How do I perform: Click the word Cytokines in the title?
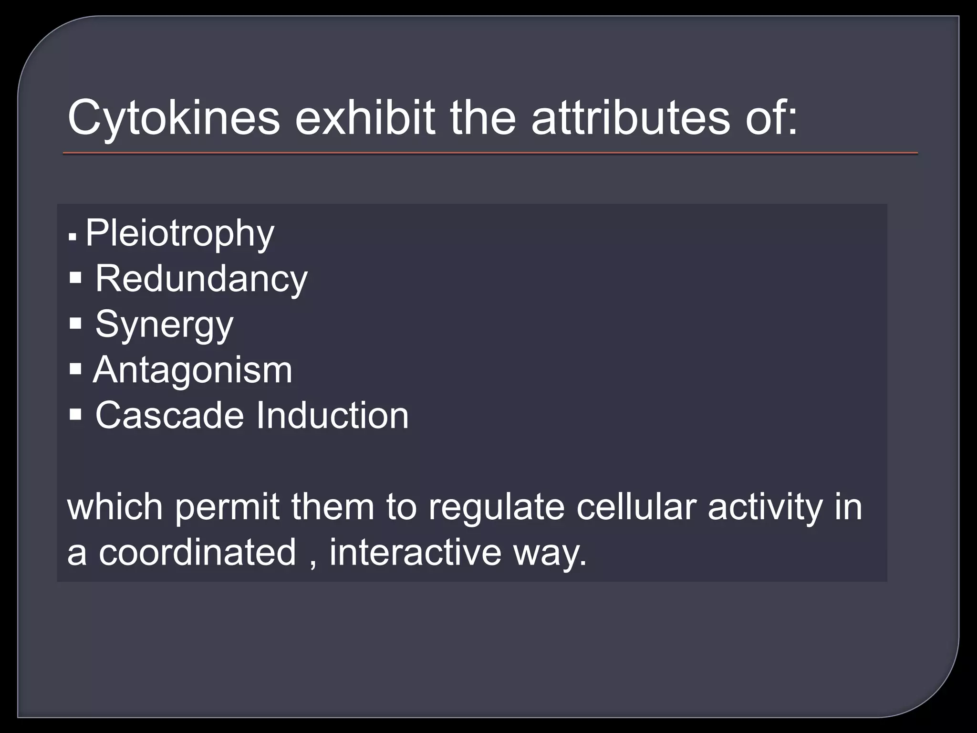pyautogui.click(x=174, y=118)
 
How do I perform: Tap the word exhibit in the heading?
pyautogui.click(x=365, y=118)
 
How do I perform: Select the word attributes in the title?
pyautogui.click(x=630, y=118)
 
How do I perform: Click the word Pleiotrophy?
pyautogui.click(x=180, y=233)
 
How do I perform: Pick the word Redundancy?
pyautogui.click(x=201, y=279)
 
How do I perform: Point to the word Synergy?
pyautogui.click(x=164, y=325)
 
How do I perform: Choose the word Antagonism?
pyautogui.click(x=193, y=370)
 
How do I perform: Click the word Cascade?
pyautogui.click(x=169, y=415)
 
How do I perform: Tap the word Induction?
pyautogui.click(x=333, y=415)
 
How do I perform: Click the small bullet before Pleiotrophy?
pyautogui.click(x=73, y=236)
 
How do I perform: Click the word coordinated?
pyautogui.click(x=197, y=552)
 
